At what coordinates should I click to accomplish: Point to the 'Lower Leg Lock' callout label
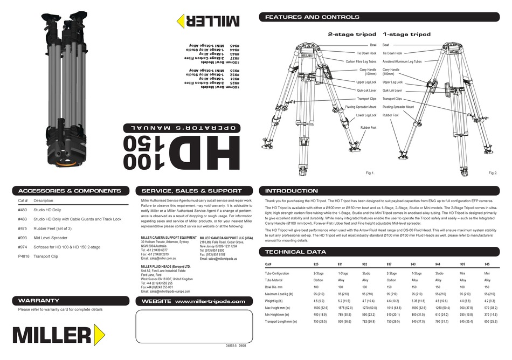click(366, 115)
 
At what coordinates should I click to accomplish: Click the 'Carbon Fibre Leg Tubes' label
click(361, 62)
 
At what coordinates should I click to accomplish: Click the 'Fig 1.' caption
click(370, 173)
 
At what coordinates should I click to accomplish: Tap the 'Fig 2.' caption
click(493, 173)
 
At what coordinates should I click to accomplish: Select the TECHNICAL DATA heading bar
click(295, 252)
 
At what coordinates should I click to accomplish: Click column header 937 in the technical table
click(389, 265)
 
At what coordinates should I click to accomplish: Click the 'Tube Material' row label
click(274, 281)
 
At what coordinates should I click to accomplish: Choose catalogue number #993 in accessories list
click(22, 238)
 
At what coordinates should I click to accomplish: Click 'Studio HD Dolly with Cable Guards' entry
click(77, 219)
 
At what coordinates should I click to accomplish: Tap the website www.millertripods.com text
click(210, 302)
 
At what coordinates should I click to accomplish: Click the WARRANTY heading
click(39, 300)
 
